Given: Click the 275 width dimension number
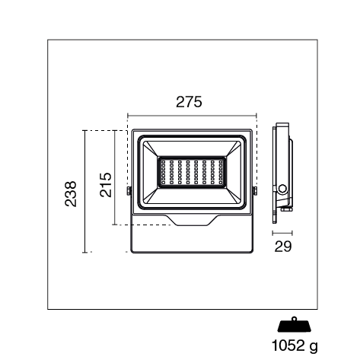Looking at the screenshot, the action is coord(189,102).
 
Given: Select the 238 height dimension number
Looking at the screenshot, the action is coord(71,194).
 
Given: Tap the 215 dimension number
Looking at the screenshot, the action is coord(106,185).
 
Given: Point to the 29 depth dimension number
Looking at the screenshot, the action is coord(283,246).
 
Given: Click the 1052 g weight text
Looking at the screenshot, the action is coord(295,346).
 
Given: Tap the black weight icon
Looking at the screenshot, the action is coord(295,324).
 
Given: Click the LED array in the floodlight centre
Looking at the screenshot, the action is coord(192,172).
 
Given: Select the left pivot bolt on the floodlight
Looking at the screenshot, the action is coord(129,191).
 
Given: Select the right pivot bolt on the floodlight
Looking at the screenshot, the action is coord(255,191).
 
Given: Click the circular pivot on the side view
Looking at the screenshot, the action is coord(282,189).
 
